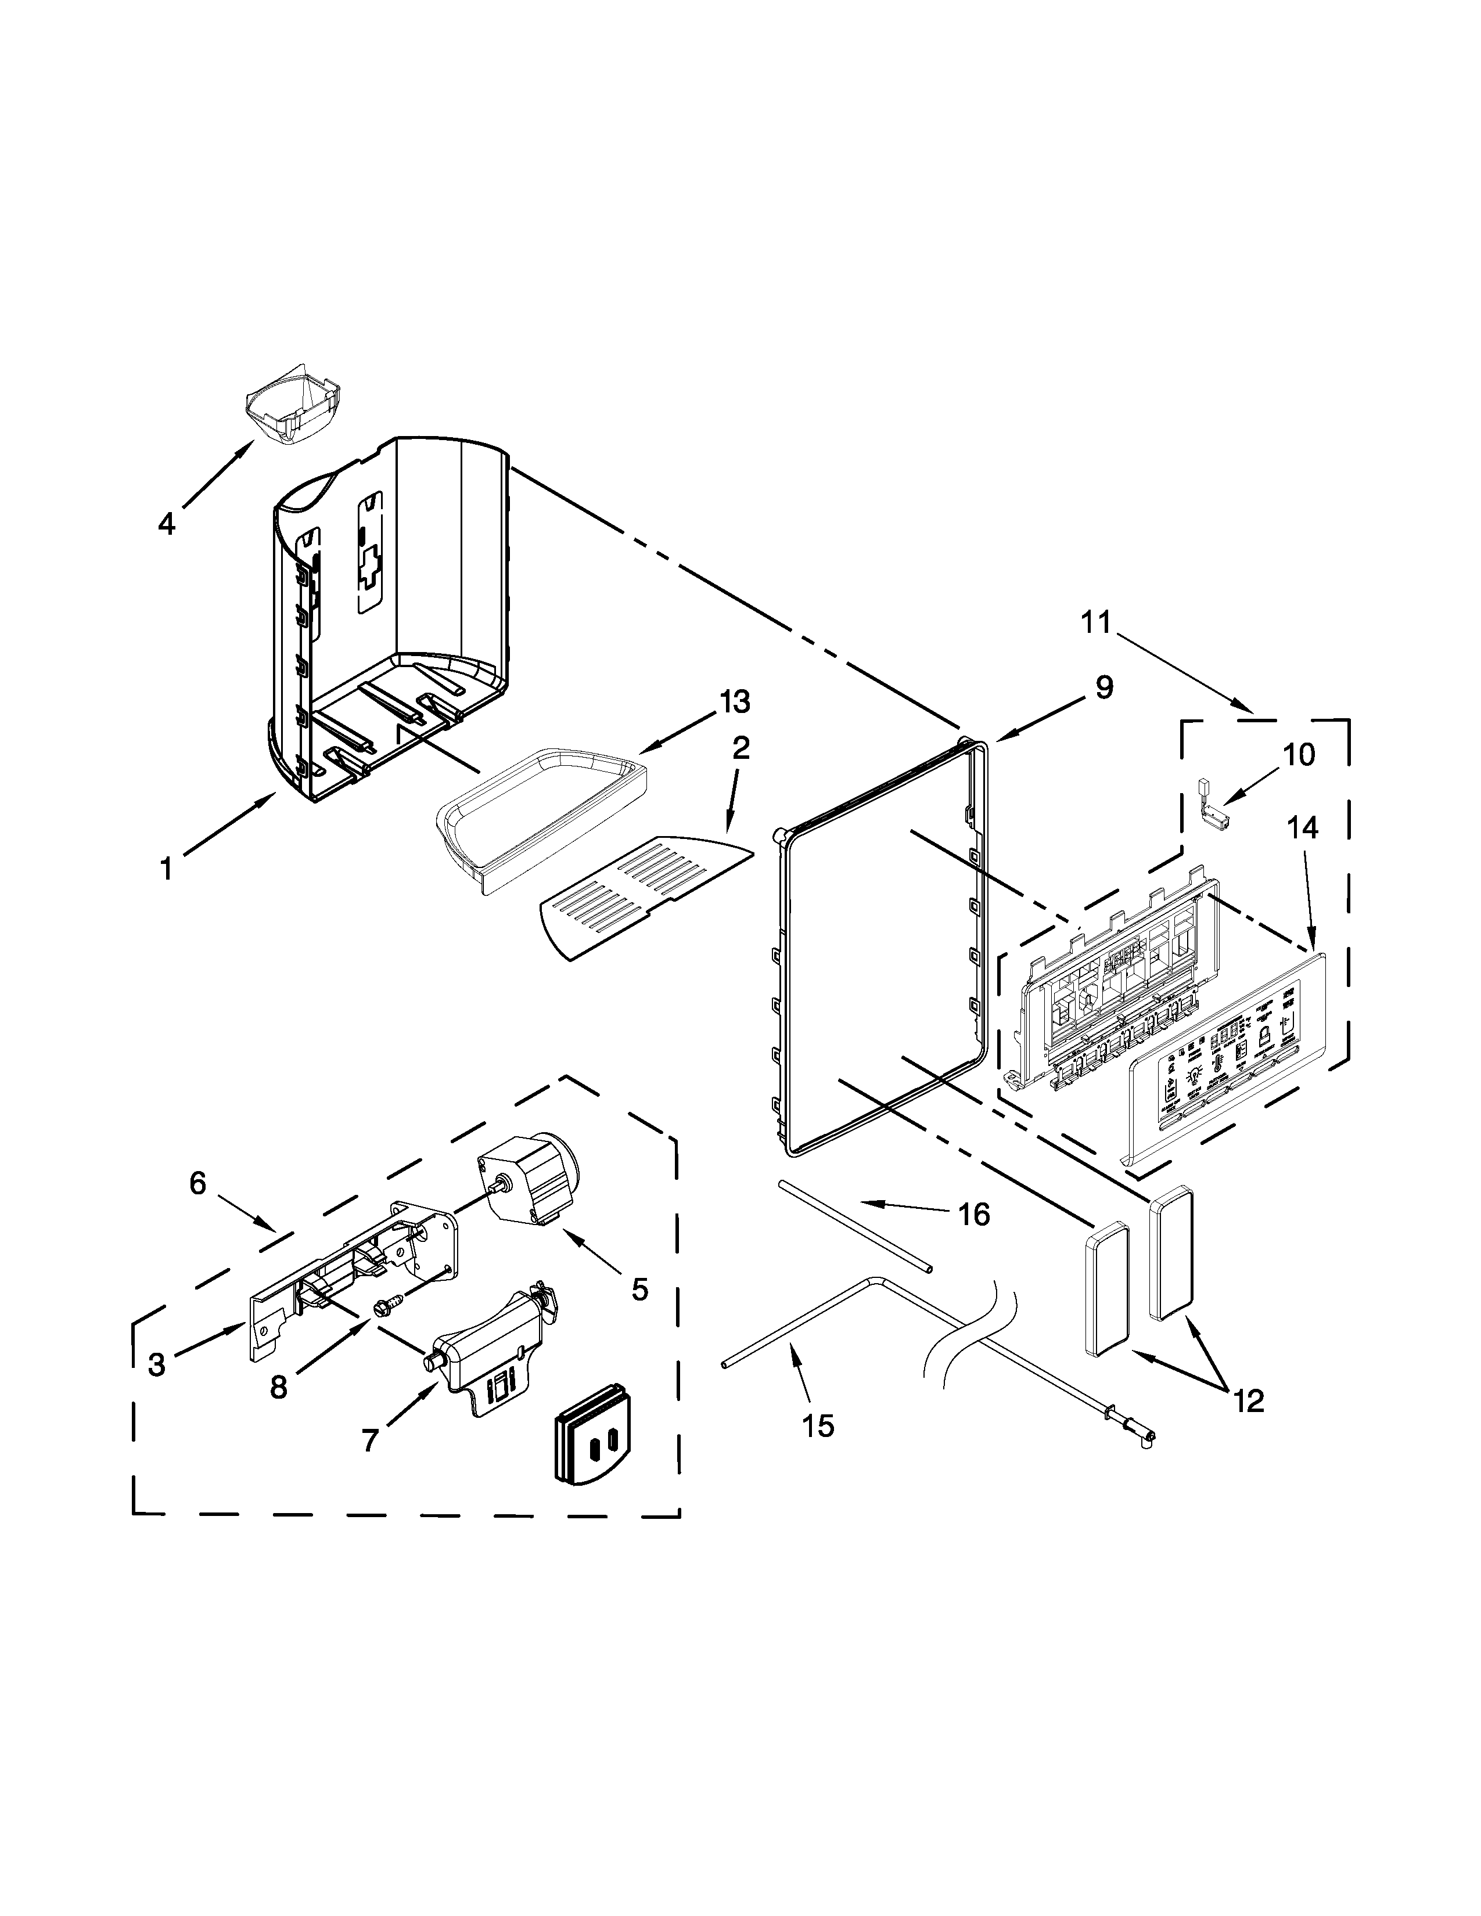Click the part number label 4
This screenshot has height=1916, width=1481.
[x=166, y=525]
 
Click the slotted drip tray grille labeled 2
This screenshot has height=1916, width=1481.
[x=644, y=896]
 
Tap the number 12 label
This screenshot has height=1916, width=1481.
[x=1249, y=1401]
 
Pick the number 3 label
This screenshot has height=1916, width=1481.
[x=156, y=1364]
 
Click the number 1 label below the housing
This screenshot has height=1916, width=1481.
[x=166, y=869]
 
